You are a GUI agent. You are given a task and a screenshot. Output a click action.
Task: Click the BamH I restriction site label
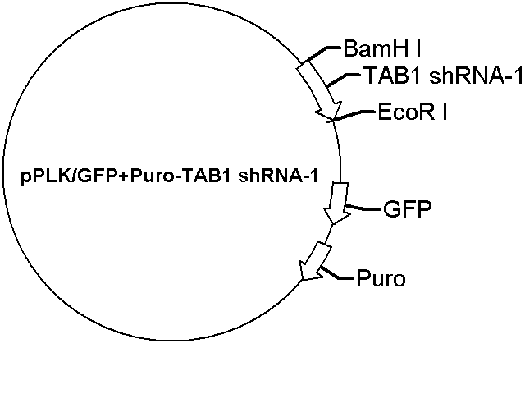tap(381, 49)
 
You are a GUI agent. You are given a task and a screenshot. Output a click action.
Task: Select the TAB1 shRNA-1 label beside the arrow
tap(443, 76)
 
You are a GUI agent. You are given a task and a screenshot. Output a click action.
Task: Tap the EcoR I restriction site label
tap(413, 112)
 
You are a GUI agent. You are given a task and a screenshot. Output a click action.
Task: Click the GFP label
tap(407, 209)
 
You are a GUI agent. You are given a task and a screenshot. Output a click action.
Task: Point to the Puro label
tap(381, 278)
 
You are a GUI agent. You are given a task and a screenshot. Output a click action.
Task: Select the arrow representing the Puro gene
tap(316, 261)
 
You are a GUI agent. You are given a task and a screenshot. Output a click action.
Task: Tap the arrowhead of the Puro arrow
tap(308, 272)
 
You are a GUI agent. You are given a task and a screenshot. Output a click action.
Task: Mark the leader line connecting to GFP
tap(363, 207)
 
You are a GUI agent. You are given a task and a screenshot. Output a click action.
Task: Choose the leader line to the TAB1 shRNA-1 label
tap(345, 80)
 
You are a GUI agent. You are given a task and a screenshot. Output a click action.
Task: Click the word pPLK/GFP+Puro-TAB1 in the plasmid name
tap(126, 176)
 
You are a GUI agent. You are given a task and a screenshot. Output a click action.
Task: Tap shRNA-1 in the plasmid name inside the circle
tap(278, 176)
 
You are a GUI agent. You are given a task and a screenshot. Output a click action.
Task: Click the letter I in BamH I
tap(418, 49)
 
